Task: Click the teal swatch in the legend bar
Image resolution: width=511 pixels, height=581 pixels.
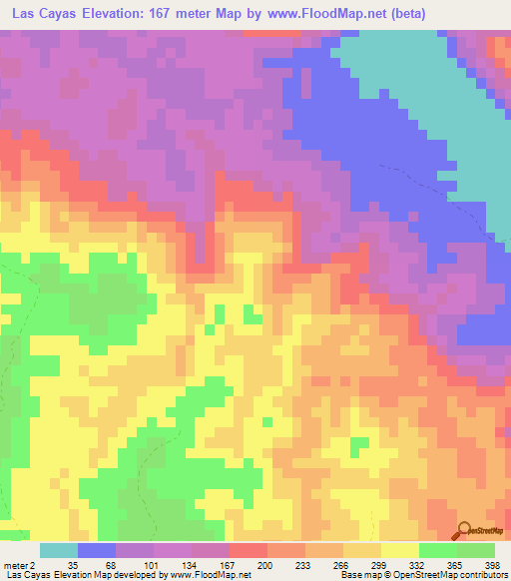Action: [x=59, y=550]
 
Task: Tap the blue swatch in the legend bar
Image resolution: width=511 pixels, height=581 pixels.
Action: [x=97, y=550]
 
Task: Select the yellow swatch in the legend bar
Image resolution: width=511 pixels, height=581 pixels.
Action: [x=399, y=550]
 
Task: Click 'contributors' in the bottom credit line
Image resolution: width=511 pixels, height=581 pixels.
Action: [x=482, y=575]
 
